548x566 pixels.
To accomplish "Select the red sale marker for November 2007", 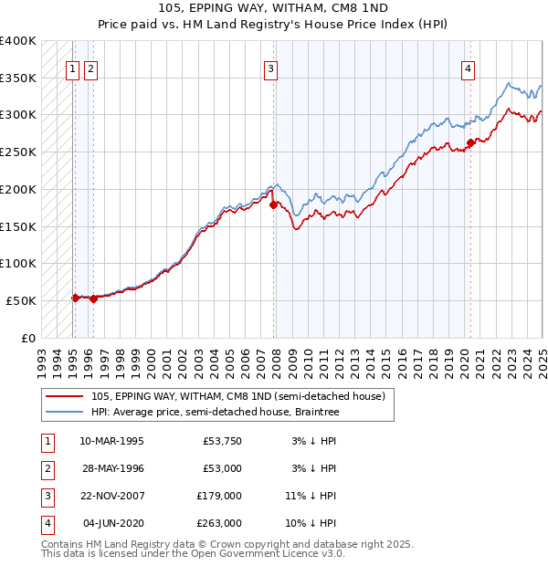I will point(273,204).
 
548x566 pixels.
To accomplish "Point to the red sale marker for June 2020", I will point(470,141).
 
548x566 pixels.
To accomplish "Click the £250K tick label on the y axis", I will point(18,152).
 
